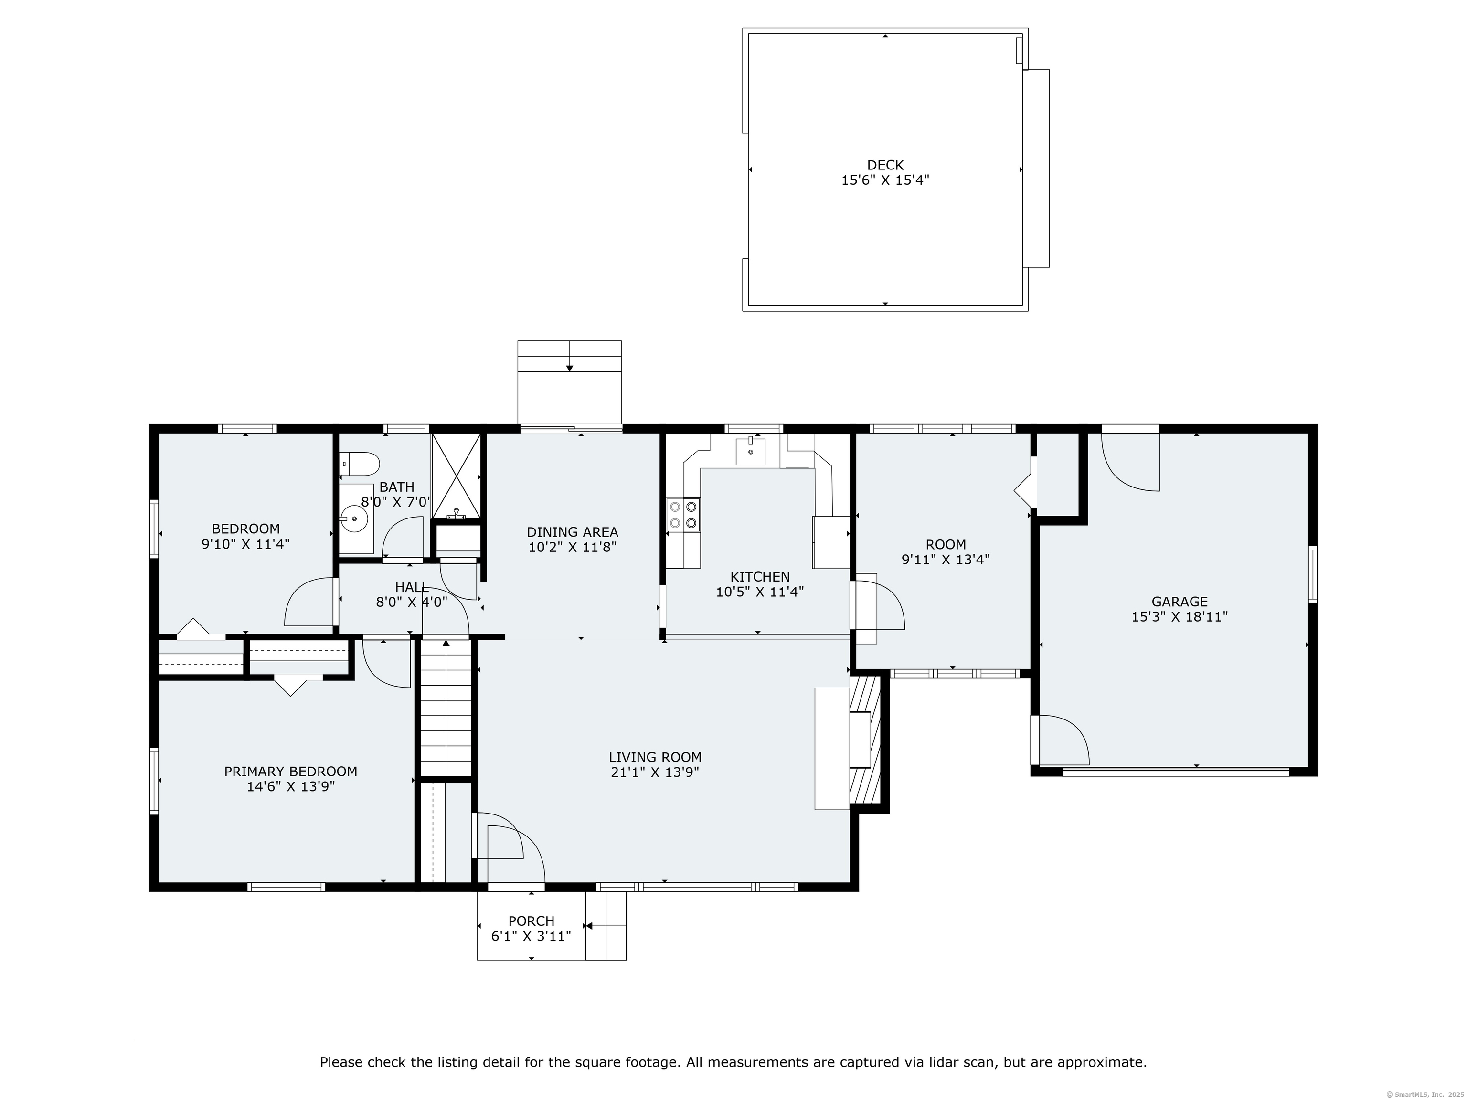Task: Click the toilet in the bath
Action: coord(360,464)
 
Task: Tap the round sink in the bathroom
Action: coord(354,519)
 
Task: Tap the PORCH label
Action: coord(531,921)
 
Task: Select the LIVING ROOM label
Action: coord(655,757)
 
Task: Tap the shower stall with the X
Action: coord(456,476)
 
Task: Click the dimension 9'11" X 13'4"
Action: coord(945,560)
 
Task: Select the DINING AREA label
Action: coord(573,532)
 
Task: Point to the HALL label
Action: coord(411,587)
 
